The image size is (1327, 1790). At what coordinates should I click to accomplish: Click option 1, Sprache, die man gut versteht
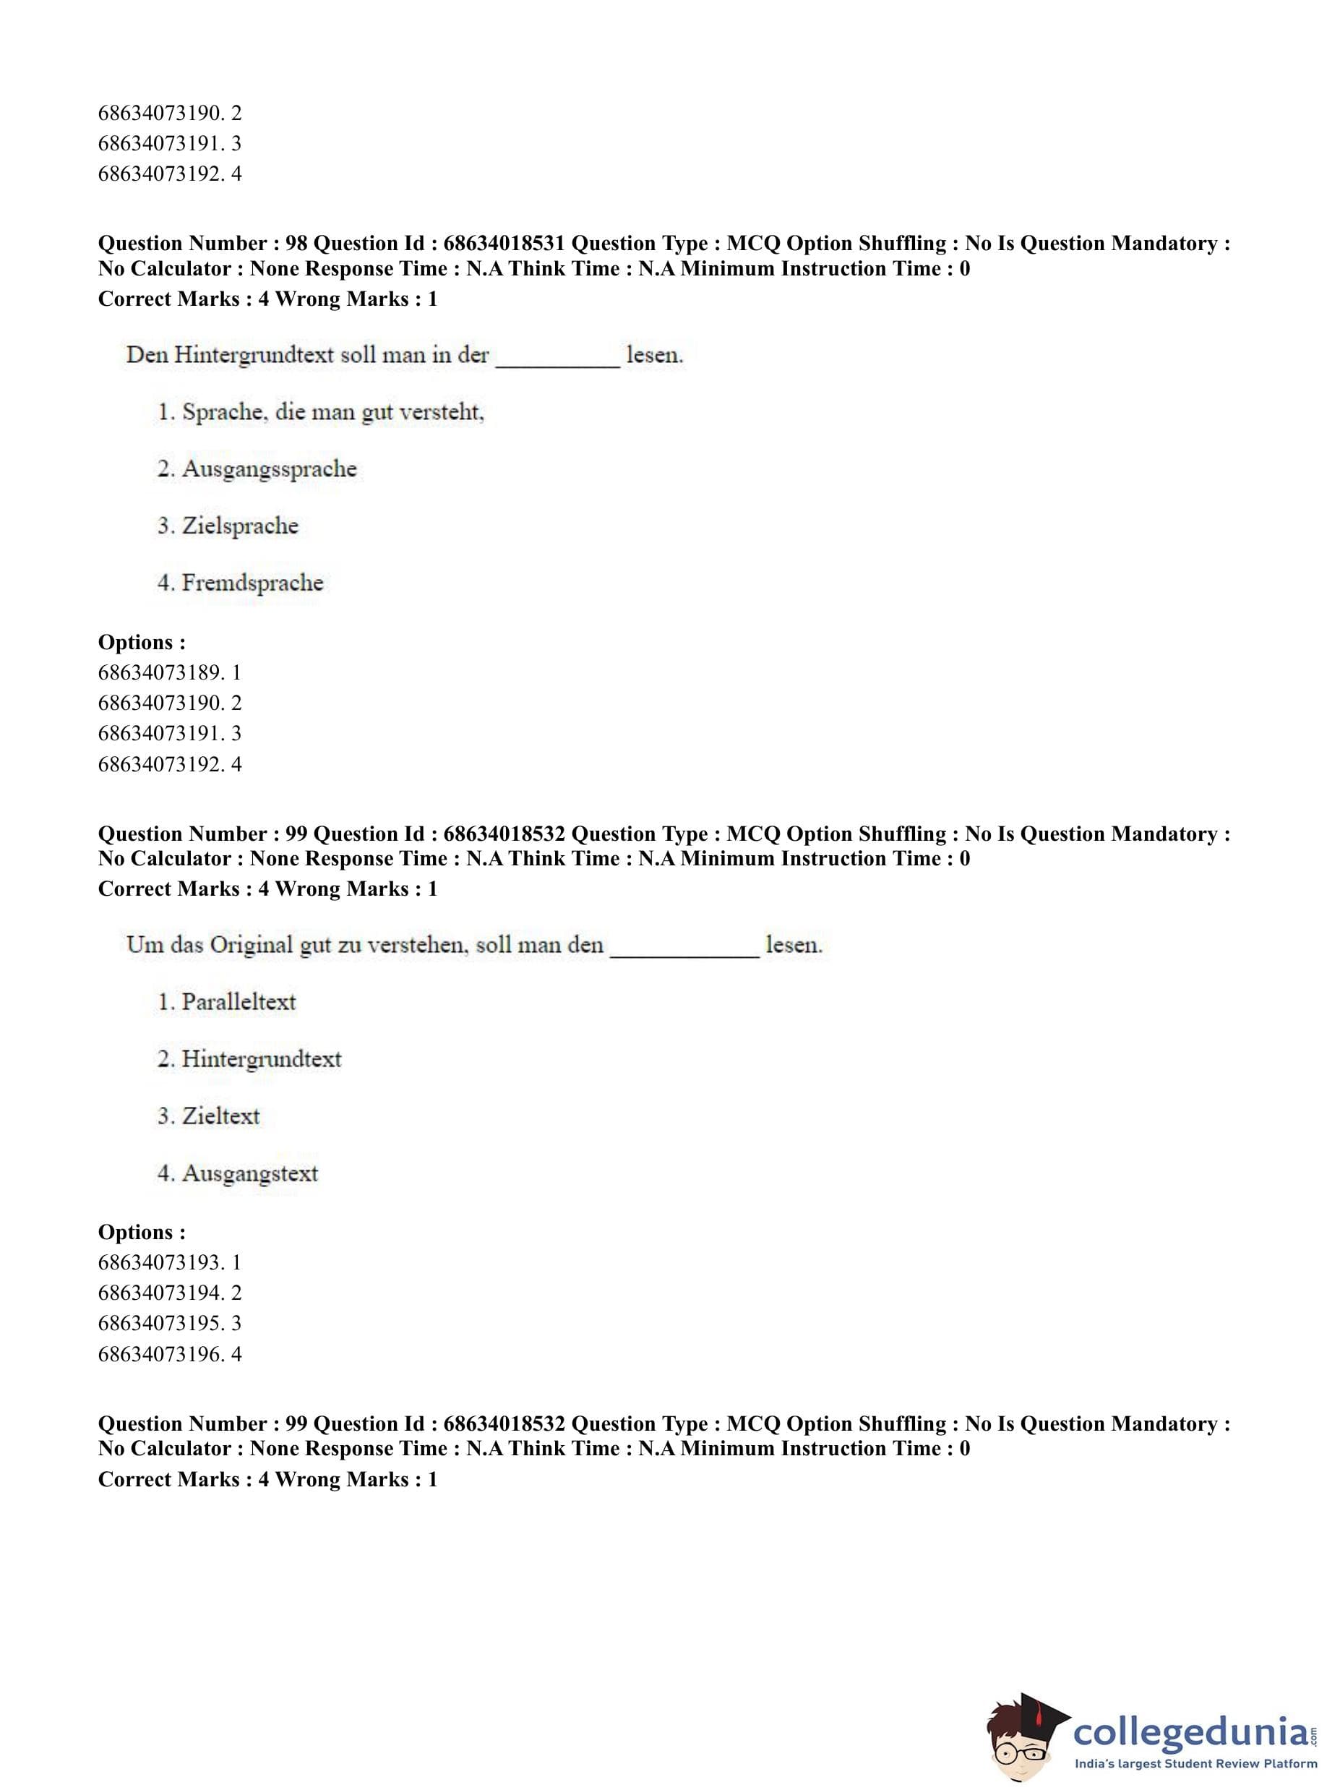[320, 412]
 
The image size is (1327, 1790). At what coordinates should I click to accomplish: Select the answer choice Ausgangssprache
[257, 468]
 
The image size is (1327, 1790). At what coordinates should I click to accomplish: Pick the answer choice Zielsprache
[228, 526]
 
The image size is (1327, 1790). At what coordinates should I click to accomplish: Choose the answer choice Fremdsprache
[240, 583]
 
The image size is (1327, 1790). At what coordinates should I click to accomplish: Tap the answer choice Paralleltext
[226, 1002]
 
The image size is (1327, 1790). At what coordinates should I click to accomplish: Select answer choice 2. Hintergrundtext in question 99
[249, 1059]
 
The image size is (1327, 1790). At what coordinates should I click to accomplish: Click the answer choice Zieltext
[209, 1116]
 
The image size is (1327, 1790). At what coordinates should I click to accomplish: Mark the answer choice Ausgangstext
[238, 1173]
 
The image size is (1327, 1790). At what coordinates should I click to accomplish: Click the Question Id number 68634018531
[504, 244]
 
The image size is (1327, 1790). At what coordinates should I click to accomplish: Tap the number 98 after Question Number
[296, 244]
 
